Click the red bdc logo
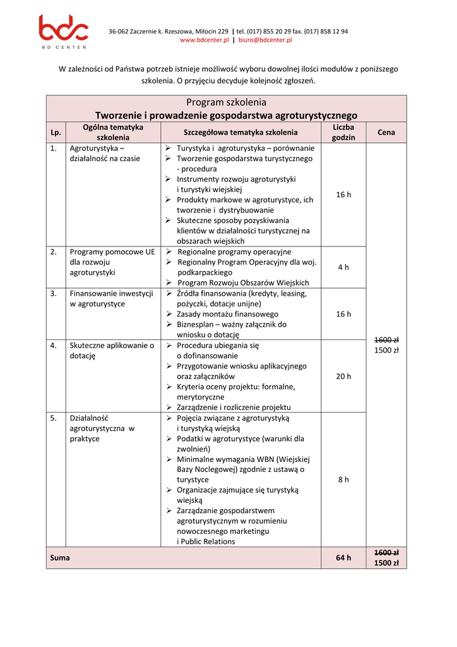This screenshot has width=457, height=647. (x=64, y=29)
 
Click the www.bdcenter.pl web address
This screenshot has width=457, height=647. (x=204, y=40)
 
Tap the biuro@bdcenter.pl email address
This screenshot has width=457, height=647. (x=264, y=40)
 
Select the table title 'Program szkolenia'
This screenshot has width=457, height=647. (x=226, y=102)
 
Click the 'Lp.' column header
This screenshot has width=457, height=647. (x=56, y=133)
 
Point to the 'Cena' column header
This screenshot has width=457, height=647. (x=386, y=133)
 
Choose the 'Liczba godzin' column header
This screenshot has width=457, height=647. (x=343, y=133)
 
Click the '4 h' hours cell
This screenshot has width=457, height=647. (x=343, y=267)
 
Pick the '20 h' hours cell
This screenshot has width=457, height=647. (x=343, y=377)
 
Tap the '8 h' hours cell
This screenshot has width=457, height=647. (x=343, y=480)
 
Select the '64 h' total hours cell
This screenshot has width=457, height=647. (x=343, y=558)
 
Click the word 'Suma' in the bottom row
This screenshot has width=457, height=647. (x=60, y=558)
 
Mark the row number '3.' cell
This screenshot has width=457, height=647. (x=54, y=294)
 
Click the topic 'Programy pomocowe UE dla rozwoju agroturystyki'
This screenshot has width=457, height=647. (x=112, y=262)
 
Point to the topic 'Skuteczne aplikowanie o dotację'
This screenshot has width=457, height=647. (x=112, y=351)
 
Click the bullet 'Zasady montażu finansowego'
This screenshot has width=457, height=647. (x=227, y=314)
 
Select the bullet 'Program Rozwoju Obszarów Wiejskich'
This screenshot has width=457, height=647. (x=243, y=282)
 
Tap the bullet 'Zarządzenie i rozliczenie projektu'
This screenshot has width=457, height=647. (x=234, y=408)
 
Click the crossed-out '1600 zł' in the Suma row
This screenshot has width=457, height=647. (x=386, y=552)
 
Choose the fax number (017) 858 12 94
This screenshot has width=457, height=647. (x=326, y=31)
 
